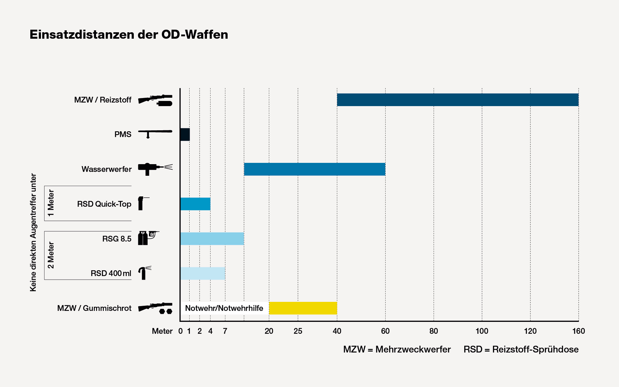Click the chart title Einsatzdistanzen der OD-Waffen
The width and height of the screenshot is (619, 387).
(x=129, y=35)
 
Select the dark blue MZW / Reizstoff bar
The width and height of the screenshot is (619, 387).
(x=457, y=100)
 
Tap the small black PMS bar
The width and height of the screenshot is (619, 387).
(x=185, y=134)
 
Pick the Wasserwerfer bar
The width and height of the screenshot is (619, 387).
(x=314, y=169)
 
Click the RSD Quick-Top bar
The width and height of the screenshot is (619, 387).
(x=195, y=204)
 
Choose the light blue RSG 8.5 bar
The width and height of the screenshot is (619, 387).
(x=212, y=239)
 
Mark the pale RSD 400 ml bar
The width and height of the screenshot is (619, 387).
(x=203, y=273)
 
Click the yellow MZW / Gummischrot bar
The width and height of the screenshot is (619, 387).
(x=303, y=308)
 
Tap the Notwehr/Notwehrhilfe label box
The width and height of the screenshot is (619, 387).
(x=224, y=308)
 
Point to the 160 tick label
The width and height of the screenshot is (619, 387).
(x=578, y=331)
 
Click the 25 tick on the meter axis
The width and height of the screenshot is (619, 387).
(x=298, y=331)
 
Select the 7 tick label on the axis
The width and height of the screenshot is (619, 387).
(x=225, y=331)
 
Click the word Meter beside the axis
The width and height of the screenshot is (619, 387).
(x=162, y=331)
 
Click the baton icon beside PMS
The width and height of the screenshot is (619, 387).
(x=155, y=133)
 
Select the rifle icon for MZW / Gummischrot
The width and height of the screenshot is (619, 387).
(x=155, y=308)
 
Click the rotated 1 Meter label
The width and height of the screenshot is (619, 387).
(x=51, y=203)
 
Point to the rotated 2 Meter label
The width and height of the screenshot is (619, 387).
(x=51, y=255)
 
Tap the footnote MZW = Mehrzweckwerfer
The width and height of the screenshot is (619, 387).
(x=397, y=349)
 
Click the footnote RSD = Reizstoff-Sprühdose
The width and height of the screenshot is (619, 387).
(x=521, y=349)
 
